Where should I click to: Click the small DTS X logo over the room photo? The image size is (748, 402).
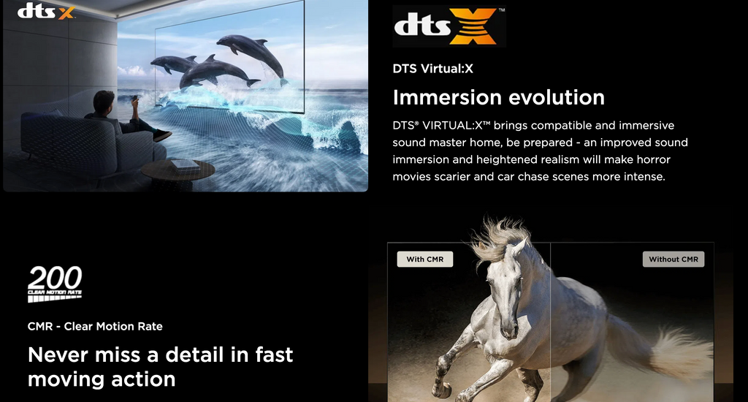tap(46, 11)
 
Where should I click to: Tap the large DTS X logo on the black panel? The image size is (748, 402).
tap(449, 26)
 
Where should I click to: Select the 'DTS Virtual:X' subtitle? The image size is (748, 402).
tap(432, 69)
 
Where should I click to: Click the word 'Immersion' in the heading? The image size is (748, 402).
tap(446, 97)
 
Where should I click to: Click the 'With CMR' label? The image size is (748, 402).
tap(425, 259)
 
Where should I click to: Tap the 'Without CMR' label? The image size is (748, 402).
tap(673, 259)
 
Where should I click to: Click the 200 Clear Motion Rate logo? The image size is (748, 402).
tap(55, 284)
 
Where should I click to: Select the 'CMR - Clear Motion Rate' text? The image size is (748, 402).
tap(95, 327)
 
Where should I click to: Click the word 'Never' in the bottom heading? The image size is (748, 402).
tap(58, 354)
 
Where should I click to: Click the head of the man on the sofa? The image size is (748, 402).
tap(104, 101)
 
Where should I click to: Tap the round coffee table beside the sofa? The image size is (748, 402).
tap(178, 170)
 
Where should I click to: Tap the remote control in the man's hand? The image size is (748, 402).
tap(134, 99)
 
